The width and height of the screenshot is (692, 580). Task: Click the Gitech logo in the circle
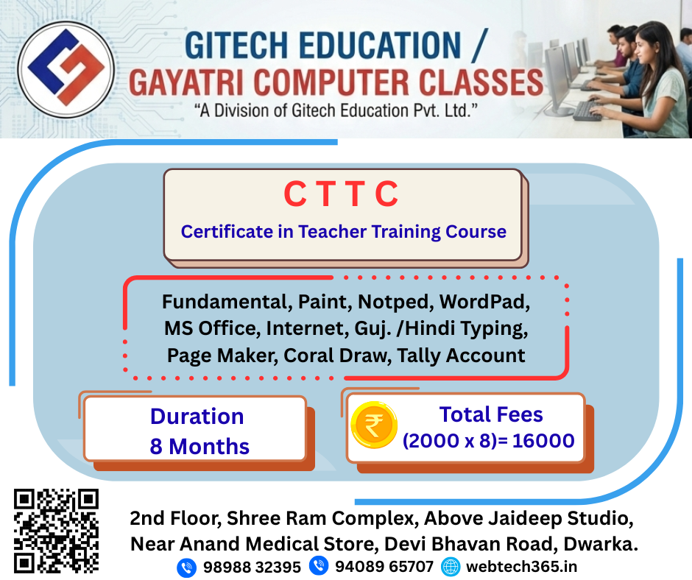tap(66, 70)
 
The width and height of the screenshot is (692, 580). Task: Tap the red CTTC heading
tap(341, 195)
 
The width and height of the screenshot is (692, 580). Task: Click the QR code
tap(57, 531)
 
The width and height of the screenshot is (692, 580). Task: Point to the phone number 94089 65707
tap(384, 567)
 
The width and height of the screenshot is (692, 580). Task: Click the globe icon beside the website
tap(451, 567)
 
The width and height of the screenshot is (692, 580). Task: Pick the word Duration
tap(197, 416)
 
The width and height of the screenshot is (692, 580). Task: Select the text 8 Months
tap(200, 446)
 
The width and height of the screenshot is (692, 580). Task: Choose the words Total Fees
tap(491, 414)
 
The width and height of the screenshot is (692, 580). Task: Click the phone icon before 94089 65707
tap(319, 567)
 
